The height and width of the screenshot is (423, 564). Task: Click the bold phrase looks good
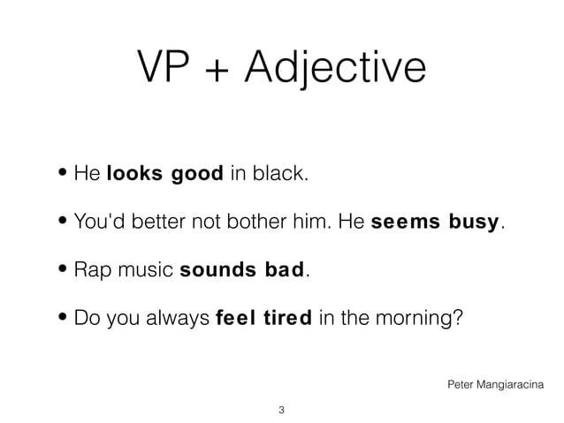point(164,174)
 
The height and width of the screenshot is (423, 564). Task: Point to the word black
point(279,173)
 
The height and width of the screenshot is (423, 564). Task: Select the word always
point(180,318)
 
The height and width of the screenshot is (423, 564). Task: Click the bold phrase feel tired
point(263,318)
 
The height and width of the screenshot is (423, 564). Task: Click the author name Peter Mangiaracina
point(496,385)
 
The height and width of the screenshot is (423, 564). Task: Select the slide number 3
point(281,410)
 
